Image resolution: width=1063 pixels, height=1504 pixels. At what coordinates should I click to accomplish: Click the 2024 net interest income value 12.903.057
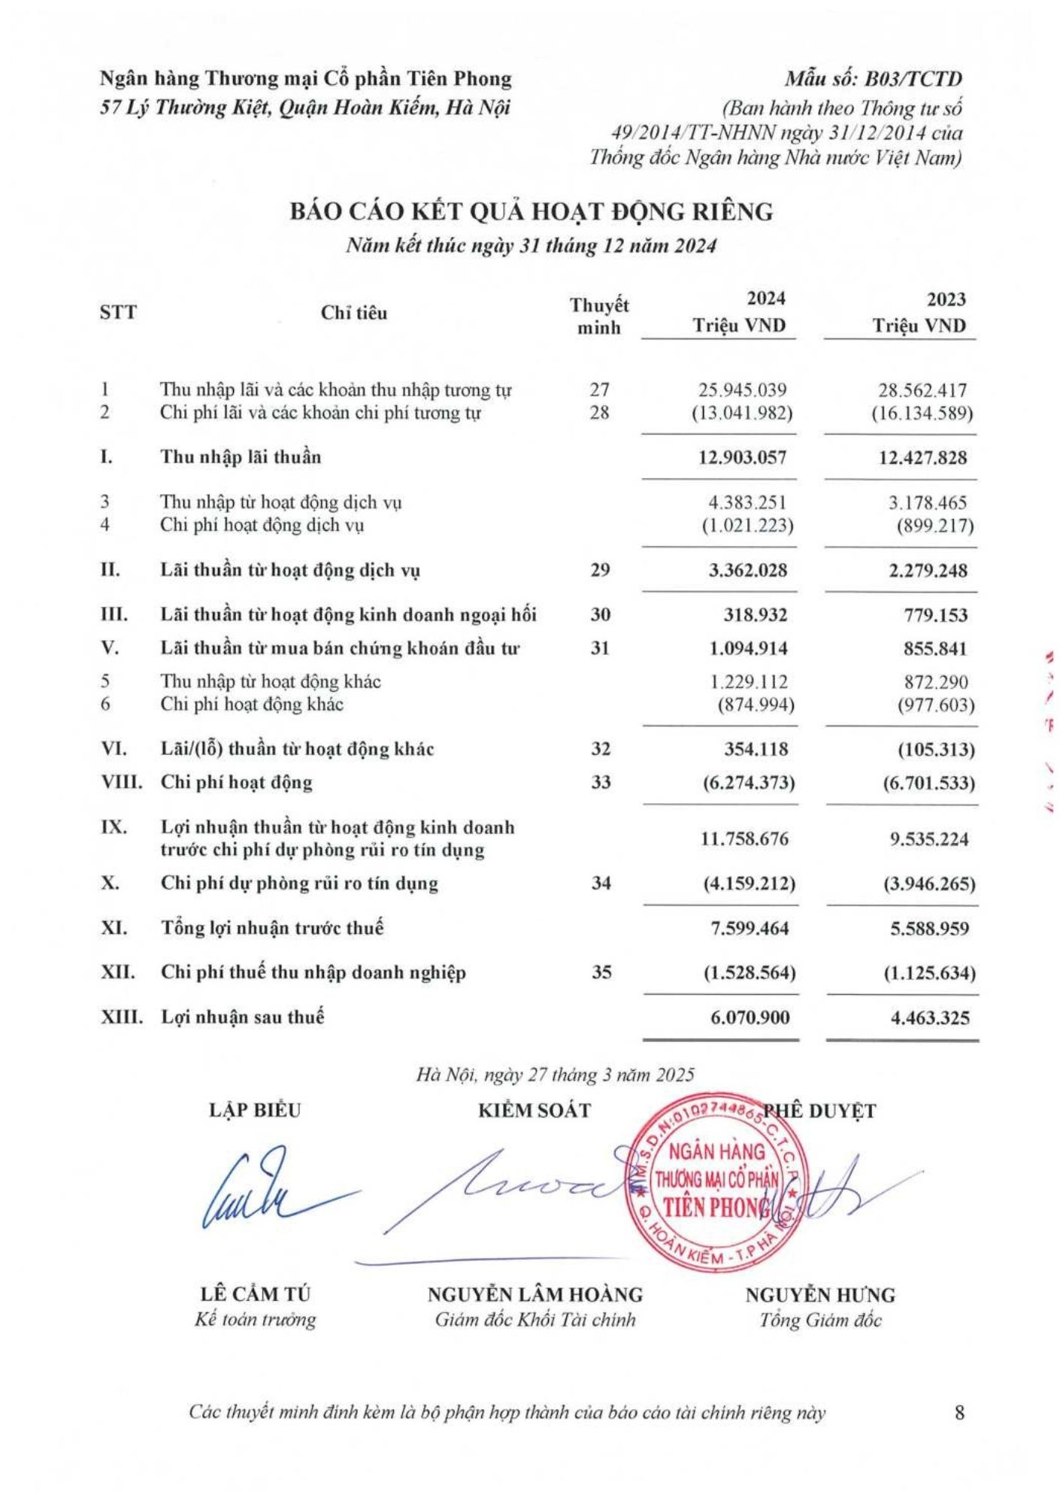[x=742, y=457]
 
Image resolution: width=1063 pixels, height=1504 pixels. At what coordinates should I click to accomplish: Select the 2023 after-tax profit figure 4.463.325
[x=925, y=1018]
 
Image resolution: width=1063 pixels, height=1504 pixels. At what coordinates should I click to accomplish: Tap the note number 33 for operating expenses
[x=600, y=782]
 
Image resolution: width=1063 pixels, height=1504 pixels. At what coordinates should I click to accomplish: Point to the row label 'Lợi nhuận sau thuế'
[x=242, y=1017]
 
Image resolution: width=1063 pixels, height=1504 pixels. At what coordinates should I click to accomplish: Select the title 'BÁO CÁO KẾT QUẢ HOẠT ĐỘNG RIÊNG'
[x=531, y=212]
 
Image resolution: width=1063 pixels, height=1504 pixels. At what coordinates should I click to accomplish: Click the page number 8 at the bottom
[x=959, y=1413]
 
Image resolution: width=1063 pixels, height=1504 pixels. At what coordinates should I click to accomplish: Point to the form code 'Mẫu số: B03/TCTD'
[x=874, y=79]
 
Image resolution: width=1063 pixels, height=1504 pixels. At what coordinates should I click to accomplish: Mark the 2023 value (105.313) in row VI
[x=929, y=750]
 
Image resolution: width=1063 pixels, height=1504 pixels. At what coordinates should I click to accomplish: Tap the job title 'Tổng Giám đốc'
[x=820, y=1321]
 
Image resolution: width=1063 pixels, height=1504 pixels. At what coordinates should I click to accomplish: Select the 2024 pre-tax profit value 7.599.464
[x=750, y=928]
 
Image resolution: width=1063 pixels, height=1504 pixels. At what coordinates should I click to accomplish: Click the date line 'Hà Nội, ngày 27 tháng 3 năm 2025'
[x=555, y=1075]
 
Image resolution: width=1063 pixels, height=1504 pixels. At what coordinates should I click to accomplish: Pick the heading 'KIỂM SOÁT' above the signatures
[x=535, y=1111]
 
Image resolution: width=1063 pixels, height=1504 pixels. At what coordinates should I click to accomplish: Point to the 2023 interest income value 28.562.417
[x=922, y=390]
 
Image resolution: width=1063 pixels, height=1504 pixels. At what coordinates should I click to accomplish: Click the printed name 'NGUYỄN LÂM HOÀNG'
[x=535, y=1294]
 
